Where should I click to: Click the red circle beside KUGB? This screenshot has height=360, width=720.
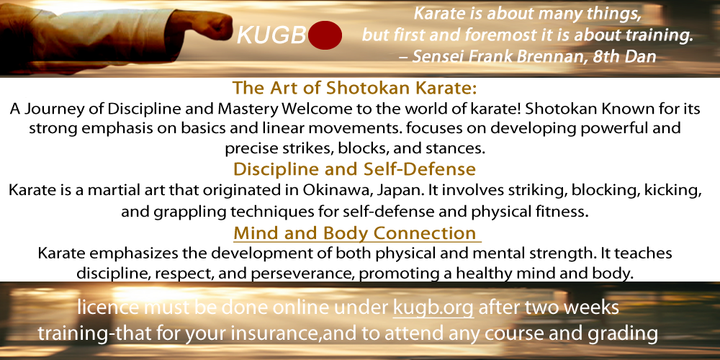(x=325, y=35)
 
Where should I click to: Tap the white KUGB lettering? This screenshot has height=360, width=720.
(x=271, y=35)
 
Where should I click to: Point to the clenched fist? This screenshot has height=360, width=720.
(x=213, y=26)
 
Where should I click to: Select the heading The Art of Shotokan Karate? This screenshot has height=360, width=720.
(x=355, y=87)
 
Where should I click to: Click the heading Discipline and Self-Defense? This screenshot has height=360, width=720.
(x=354, y=169)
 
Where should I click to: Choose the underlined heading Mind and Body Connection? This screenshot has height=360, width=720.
(x=354, y=233)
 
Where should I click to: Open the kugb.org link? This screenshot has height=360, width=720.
(x=433, y=308)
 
